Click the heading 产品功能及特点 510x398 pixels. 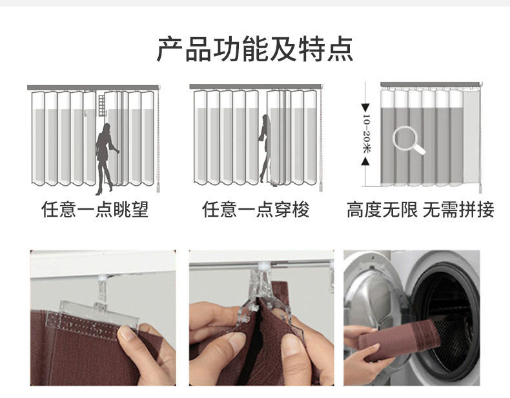[x=255, y=50]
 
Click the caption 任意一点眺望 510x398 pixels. [x=95, y=210]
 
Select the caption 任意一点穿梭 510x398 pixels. [x=256, y=210]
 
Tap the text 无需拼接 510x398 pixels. [x=458, y=210]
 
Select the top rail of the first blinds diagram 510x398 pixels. [x=93, y=87]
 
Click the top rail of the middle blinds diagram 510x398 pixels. [x=255, y=86]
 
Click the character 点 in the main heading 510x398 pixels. [x=340, y=50]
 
